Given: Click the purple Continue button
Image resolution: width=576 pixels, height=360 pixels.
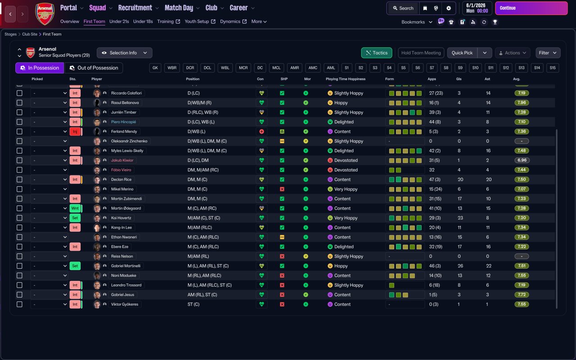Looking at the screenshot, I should coord(531,8).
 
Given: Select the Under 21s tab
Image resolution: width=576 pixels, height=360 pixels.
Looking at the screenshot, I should coord(119,22).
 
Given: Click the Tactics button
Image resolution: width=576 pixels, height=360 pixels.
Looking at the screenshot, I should coord(377,53).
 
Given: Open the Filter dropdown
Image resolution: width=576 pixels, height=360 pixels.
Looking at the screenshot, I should coord(548,53).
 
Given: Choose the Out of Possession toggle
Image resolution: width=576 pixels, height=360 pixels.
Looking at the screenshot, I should coord(94,68).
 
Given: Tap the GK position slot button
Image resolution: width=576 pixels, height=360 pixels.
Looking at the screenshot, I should coord(155,68).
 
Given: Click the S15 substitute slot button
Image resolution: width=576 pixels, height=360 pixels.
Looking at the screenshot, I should coord(553,68).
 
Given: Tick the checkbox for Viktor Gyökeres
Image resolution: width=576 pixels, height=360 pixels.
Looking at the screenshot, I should coord(19,304).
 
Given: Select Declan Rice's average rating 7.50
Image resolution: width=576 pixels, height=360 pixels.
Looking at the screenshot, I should coord(522,180).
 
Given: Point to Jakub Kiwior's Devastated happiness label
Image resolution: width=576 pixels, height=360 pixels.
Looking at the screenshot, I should coord(346,160).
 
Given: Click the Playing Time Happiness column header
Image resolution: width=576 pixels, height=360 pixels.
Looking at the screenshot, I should coord(346,79).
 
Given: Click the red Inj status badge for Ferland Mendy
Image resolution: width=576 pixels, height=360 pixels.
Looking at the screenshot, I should coord(75,131).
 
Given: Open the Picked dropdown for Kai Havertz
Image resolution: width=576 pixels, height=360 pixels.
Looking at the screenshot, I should coord(49,218).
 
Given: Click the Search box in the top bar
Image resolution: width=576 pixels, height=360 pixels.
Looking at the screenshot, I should coord(403,8).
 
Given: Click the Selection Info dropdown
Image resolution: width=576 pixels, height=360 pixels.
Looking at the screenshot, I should coord(124,53).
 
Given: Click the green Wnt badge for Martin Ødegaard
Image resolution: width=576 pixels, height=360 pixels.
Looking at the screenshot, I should coord(75,208).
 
